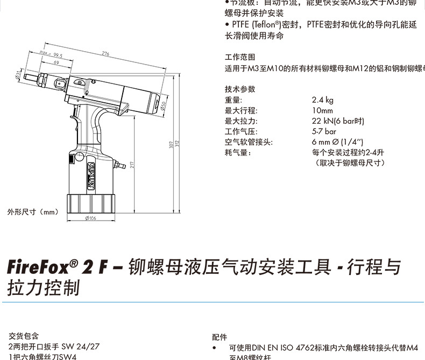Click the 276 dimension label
(105, 53)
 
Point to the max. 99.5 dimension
(52, 55)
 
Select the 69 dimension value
(56, 63)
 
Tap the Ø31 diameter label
(19, 75)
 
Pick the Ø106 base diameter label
(90, 218)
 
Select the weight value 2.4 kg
(322, 100)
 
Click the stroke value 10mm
(322, 110)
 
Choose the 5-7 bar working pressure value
(324, 131)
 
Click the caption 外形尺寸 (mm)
(32, 212)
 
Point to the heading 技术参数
(240, 89)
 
